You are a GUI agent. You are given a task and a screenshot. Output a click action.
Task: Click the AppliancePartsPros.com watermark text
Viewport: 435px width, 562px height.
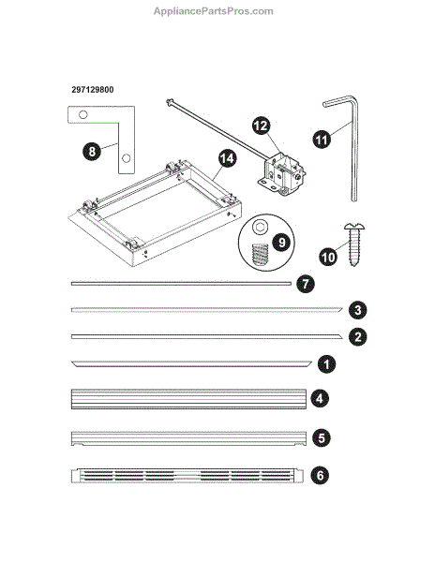click(x=214, y=11)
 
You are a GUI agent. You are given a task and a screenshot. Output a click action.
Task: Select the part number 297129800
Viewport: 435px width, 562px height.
click(x=93, y=90)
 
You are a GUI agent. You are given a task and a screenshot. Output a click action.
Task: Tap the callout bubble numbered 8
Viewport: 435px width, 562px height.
click(x=92, y=151)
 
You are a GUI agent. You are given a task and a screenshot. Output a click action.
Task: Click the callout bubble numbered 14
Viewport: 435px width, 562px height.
click(x=227, y=159)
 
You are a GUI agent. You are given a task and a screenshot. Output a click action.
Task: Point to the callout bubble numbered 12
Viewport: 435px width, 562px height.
click(x=261, y=126)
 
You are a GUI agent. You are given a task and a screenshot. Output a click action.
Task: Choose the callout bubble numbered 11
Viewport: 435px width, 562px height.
click(x=322, y=139)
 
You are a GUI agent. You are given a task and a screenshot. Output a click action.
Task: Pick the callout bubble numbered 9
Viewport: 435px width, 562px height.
click(x=282, y=243)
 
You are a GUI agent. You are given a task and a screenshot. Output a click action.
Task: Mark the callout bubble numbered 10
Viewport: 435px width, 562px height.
click(x=328, y=257)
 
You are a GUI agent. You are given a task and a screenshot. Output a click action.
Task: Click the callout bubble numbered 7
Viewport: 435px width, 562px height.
click(x=306, y=284)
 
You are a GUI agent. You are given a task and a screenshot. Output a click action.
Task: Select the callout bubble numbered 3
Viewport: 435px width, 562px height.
click(x=358, y=310)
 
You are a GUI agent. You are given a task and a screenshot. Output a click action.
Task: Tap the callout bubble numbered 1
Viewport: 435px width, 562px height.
click(x=326, y=364)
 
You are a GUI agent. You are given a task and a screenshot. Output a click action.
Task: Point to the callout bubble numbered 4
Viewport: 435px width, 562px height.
click(x=320, y=399)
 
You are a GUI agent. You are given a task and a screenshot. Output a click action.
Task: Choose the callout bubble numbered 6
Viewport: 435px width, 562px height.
click(x=320, y=475)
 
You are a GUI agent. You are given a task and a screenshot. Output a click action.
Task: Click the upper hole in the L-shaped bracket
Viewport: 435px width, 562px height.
click(x=82, y=115)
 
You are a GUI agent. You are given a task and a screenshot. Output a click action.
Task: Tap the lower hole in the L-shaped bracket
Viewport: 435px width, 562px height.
click(x=126, y=157)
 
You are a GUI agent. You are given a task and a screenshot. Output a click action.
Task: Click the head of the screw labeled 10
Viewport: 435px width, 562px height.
click(x=354, y=227)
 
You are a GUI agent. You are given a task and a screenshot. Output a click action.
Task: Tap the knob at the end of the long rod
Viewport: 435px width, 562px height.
click(x=170, y=102)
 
